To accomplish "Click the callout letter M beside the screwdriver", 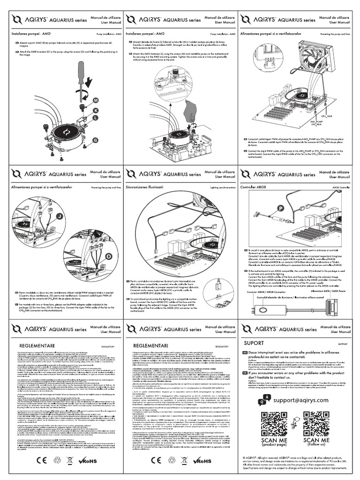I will pyautogui.click(x=96, y=100).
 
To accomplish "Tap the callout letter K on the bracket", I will pyautogui.click(x=96, y=110).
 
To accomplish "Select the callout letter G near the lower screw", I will pyautogui.click(x=96, y=140).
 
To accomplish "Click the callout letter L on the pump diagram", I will pyautogui.click(x=96, y=119).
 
